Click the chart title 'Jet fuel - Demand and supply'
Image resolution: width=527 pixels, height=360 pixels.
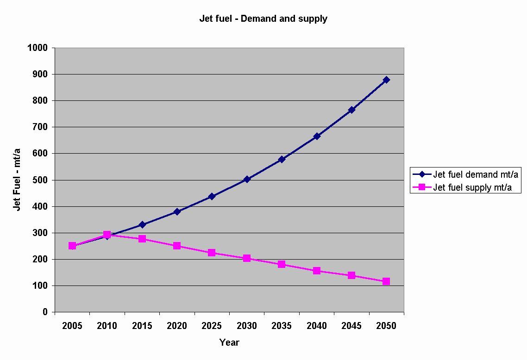263,19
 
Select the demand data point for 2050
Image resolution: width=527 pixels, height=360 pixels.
386,80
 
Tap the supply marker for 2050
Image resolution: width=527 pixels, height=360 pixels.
386,281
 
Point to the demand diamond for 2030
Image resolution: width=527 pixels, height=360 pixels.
246,179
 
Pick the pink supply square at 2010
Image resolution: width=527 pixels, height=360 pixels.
107,235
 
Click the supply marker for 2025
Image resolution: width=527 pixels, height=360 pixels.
212,253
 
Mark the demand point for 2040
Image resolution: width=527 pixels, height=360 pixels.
317,136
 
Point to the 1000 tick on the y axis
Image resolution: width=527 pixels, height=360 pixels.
38,48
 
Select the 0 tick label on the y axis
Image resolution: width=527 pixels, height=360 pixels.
45,312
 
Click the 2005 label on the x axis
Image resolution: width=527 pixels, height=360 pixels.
72,326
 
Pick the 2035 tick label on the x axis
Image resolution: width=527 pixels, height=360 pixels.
282,326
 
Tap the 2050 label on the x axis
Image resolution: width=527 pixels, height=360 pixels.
386,326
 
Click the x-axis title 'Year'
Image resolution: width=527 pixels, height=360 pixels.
229,343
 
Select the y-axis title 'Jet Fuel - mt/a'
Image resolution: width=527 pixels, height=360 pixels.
17,180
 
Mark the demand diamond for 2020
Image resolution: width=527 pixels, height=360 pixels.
177,211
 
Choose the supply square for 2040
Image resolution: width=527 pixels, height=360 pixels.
317,271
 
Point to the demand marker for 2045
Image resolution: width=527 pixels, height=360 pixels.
351,110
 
